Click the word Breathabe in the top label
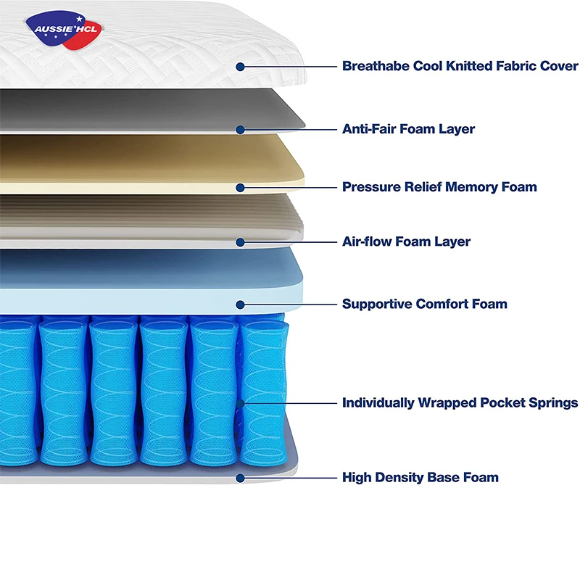pyautogui.click(x=375, y=66)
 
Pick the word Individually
pyautogui.click(x=378, y=402)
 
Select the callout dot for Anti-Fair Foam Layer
pyautogui.click(x=240, y=130)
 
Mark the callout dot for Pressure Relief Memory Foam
pyautogui.click(x=240, y=188)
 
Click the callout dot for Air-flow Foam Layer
pyautogui.click(x=240, y=242)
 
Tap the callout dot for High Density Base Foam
pyautogui.click(x=240, y=478)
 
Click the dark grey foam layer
pyautogui.click(x=145, y=109)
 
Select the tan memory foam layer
pyautogui.click(x=145, y=163)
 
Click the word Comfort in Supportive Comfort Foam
pyautogui.click(x=442, y=304)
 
